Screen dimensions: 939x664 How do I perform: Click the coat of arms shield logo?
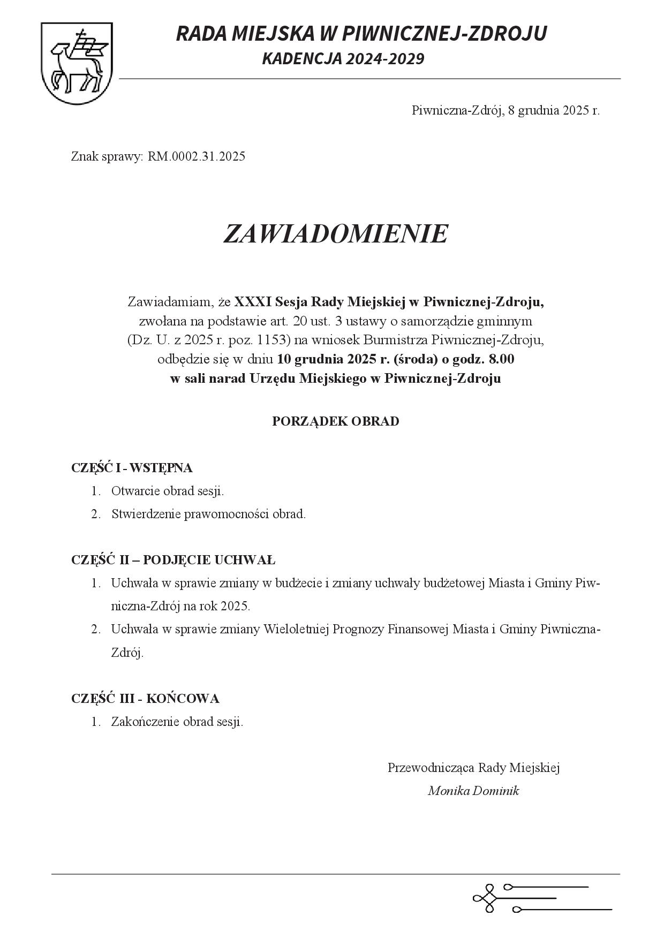[x=77, y=63]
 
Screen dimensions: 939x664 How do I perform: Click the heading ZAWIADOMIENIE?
[x=335, y=233]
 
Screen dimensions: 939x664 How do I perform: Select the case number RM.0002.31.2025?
[x=197, y=156]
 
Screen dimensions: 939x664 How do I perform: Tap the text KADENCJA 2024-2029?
[x=343, y=59]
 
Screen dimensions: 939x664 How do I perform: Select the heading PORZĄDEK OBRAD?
[x=335, y=421]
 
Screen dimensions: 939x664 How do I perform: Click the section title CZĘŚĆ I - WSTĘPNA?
[x=132, y=467]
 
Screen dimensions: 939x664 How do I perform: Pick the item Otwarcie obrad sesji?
[x=167, y=490]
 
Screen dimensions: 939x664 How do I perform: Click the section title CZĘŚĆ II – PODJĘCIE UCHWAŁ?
[x=173, y=560]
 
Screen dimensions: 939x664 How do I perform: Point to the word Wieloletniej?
[x=296, y=629]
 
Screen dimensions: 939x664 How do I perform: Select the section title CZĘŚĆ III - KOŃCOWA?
[x=145, y=698]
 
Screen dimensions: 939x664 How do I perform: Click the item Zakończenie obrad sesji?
[x=177, y=721]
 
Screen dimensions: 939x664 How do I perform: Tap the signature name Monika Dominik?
[x=473, y=791]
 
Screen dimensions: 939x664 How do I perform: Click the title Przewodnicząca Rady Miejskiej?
[x=473, y=768]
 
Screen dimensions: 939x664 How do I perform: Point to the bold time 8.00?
[x=502, y=359]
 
